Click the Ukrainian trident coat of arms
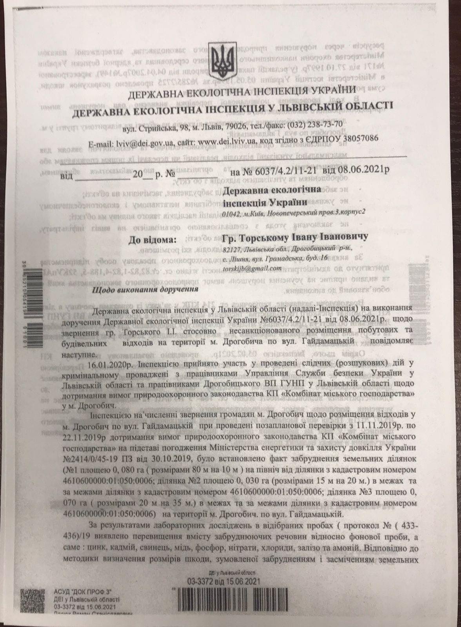(221, 62)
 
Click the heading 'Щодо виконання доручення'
(144, 290)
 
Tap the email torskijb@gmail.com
(252, 268)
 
